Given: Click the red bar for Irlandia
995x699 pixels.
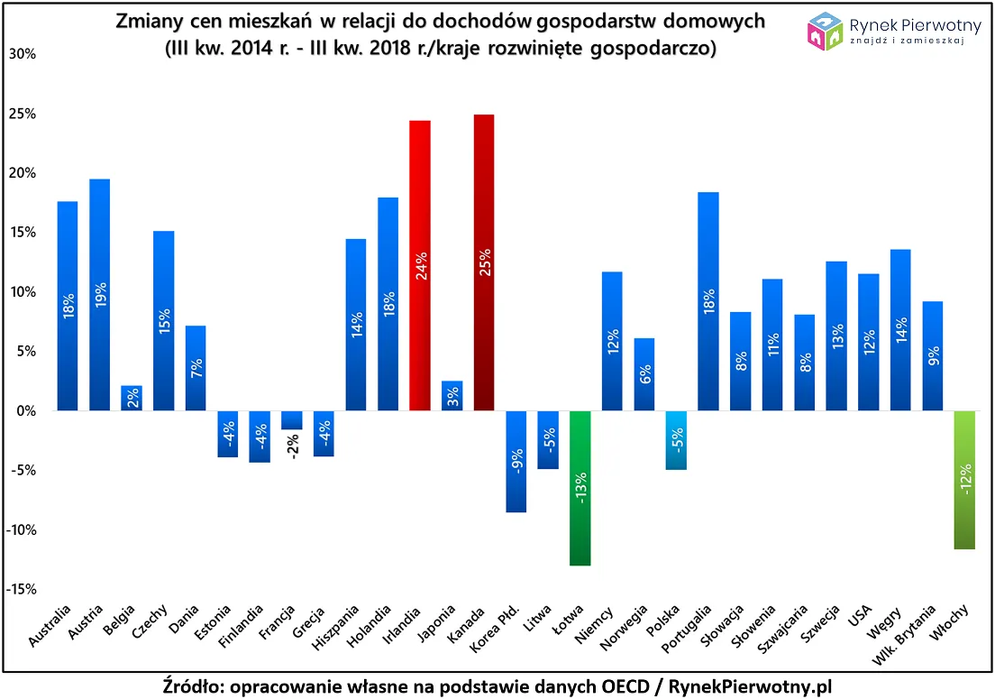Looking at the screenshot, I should [x=420, y=265].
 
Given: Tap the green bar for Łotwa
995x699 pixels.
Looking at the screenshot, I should [x=580, y=488].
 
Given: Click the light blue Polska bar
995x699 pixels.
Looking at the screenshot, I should [x=676, y=440].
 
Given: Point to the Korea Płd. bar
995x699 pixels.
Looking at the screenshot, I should [x=516, y=461].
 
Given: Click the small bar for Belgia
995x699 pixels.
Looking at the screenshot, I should [x=132, y=398].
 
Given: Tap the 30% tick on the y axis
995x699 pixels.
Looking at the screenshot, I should [x=22, y=54].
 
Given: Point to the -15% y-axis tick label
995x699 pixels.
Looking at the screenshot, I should [x=22, y=589].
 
